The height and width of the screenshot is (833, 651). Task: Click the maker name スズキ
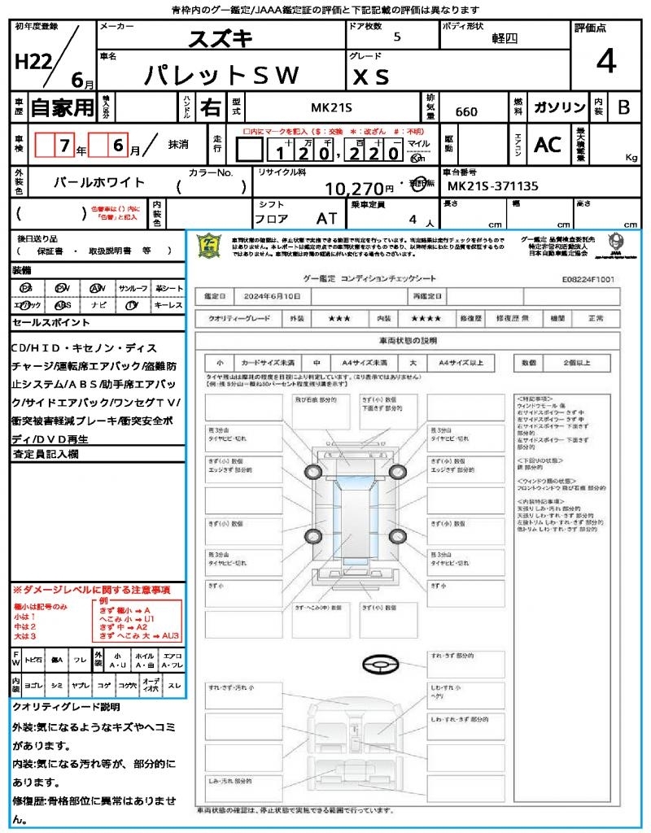click(x=221, y=37)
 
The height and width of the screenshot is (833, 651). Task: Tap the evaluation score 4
click(x=605, y=62)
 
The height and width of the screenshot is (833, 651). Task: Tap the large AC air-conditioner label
click(x=548, y=145)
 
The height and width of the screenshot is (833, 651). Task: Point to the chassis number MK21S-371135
click(x=492, y=186)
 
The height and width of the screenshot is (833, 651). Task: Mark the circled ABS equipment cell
click(x=62, y=306)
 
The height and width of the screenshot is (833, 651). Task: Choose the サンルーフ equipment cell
click(x=133, y=288)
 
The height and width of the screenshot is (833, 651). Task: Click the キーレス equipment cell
click(x=169, y=306)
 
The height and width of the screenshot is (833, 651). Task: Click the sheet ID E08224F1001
click(x=588, y=279)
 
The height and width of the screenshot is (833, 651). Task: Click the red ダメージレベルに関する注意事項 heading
click(x=91, y=589)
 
